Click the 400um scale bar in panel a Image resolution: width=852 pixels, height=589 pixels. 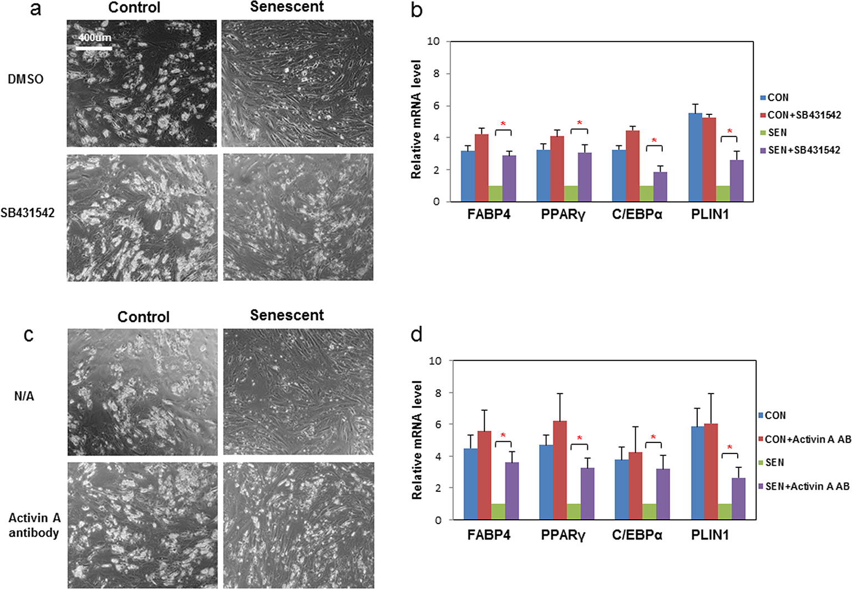[x=94, y=48]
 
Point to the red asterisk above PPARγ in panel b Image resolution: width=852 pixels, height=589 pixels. [x=580, y=123]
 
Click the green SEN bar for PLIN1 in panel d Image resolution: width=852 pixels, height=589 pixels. [x=724, y=511]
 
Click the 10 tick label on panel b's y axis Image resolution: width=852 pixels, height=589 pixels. [x=433, y=42]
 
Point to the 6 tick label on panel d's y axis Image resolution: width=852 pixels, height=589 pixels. [x=436, y=424]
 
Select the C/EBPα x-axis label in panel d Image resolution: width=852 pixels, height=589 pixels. [x=637, y=535]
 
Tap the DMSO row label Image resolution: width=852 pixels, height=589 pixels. [x=26, y=79]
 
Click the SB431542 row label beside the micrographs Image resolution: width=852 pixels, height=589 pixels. [x=27, y=213]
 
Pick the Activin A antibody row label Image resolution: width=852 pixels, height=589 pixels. [x=34, y=525]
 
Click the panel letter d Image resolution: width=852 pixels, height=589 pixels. [x=416, y=334]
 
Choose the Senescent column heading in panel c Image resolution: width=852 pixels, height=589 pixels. [x=287, y=315]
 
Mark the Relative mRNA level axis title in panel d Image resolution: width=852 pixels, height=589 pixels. [x=417, y=440]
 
